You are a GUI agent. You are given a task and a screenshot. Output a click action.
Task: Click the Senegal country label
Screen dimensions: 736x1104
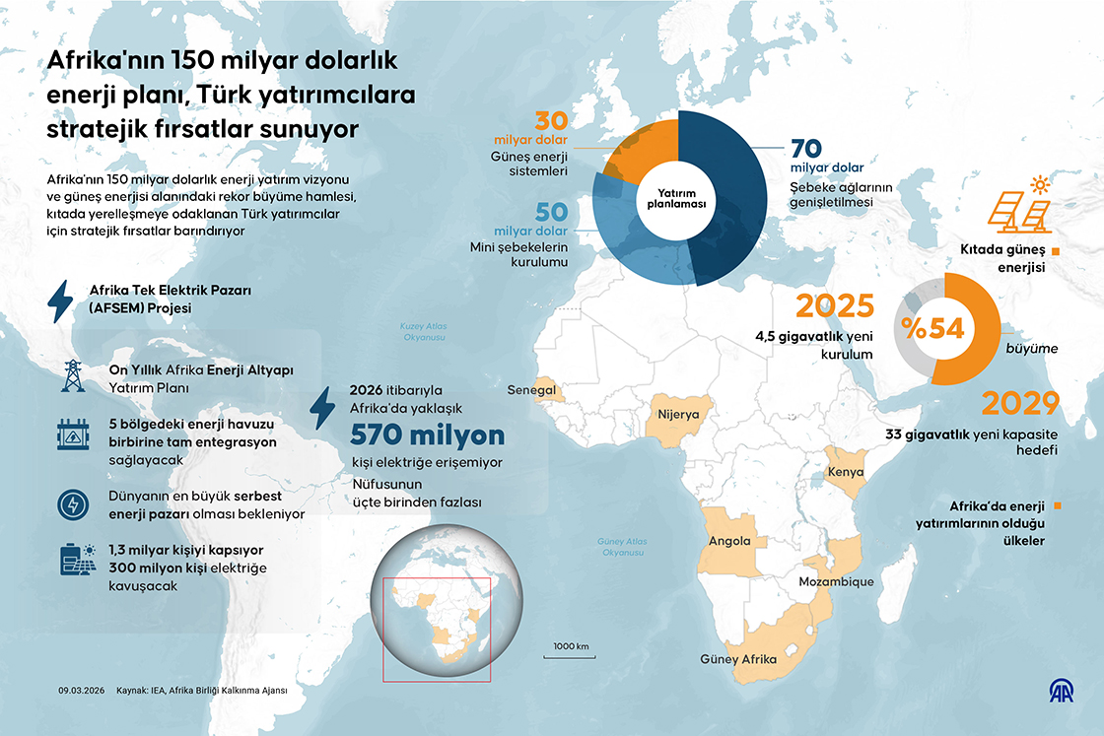click(531, 390)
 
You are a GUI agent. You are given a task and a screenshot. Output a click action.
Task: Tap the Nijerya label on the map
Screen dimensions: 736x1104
click(678, 415)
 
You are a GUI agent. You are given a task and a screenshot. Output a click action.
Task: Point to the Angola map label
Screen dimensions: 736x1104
click(729, 541)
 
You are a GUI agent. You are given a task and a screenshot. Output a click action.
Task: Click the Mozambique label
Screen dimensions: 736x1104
click(836, 581)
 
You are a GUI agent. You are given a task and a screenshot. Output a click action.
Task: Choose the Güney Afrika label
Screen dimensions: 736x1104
click(737, 659)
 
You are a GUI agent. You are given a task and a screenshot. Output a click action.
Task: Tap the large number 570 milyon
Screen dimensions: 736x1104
click(427, 435)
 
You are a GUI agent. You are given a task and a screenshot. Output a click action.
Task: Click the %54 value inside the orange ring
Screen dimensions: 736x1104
click(931, 329)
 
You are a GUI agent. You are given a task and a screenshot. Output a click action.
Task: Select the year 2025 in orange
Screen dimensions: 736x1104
click(835, 306)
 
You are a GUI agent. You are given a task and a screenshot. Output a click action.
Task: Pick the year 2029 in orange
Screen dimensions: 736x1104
click(1019, 405)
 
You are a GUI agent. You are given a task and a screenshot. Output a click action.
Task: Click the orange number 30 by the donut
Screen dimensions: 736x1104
click(552, 121)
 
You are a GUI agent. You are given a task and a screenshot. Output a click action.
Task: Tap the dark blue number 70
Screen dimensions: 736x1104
click(807, 149)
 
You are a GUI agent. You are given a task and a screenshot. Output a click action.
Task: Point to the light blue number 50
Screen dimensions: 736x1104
click(552, 211)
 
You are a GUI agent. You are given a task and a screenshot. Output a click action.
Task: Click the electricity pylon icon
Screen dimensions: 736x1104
click(72, 377)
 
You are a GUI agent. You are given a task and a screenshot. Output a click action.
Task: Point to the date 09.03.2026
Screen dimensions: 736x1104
click(81, 691)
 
